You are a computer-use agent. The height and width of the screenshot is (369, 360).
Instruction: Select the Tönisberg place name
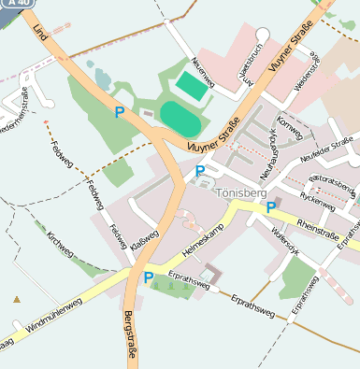pyautogui.click(x=240, y=193)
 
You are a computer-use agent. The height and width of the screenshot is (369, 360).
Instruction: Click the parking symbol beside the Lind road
pyautogui.click(x=119, y=112)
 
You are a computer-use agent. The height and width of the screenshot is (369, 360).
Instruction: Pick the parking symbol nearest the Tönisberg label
pyautogui.click(x=200, y=171)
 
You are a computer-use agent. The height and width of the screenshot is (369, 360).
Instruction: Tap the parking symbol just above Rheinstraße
pyautogui.click(x=271, y=207)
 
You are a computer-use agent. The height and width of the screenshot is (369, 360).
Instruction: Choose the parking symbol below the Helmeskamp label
pyautogui.click(x=148, y=277)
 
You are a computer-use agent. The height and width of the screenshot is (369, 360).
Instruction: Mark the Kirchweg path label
pyautogui.click(x=59, y=245)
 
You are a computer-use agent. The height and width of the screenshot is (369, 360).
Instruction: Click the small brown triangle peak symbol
pyautogui.click(x=17, y=299)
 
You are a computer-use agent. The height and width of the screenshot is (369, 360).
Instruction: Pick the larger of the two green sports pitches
pyautogui.click(x=180, y=118)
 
